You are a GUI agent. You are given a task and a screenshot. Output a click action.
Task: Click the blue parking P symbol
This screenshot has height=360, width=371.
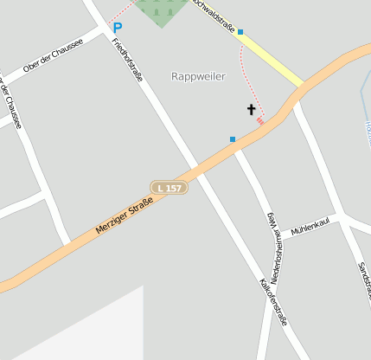click(118, 28)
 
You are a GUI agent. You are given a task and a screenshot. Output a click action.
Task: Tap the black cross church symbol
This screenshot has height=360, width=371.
click(252, 110)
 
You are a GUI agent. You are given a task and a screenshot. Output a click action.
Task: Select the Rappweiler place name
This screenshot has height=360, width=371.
click(198, 76)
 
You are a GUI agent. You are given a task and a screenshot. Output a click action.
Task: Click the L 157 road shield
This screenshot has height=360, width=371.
click(169, 187)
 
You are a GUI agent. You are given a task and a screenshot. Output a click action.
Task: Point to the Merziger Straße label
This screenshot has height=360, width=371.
click(124, 217)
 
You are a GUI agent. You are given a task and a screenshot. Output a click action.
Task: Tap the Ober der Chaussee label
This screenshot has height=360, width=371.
click(54, 55)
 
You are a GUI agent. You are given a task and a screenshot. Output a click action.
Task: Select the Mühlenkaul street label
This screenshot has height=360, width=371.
click(311, 228)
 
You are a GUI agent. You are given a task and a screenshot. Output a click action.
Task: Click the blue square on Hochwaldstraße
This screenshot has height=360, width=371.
click(240, 32)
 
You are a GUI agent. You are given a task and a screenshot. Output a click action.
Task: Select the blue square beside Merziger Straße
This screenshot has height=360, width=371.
click(232, 138)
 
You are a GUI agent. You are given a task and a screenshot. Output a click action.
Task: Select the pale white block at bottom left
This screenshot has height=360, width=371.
click(95, 333)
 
